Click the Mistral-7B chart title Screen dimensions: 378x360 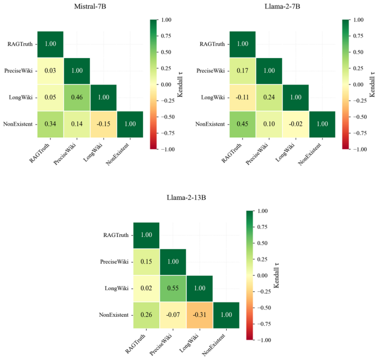pos(90,6)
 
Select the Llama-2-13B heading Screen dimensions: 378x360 pos(186,198)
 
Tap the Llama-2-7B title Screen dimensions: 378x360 pos(282,6)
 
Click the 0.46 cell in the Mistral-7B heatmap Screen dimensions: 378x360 pos(77,97)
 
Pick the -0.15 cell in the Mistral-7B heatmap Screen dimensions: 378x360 pos(103,124)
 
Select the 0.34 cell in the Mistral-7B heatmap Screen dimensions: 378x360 pos(51,124)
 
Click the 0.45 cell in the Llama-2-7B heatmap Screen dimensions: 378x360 pos(243,124)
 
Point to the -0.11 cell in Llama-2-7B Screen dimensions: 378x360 pos(243,97)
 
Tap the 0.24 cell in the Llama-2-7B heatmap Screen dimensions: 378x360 pos(269,97)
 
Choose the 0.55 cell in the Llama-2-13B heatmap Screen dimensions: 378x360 pos(173,289)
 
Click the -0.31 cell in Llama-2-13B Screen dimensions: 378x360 pos(200,315)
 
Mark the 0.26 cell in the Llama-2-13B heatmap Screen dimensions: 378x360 pos(146,315)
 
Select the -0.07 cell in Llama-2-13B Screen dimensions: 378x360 pos(173,315)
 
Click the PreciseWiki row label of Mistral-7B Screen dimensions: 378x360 pos(18,71)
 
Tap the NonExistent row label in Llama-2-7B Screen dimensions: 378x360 pos(210,124)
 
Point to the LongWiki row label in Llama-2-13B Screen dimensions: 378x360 pos(117,289)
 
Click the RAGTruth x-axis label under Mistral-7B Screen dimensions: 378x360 pos(39,153)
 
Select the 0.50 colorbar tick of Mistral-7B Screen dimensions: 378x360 pos(166,52)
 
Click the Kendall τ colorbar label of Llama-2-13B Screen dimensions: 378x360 pos(276,275)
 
